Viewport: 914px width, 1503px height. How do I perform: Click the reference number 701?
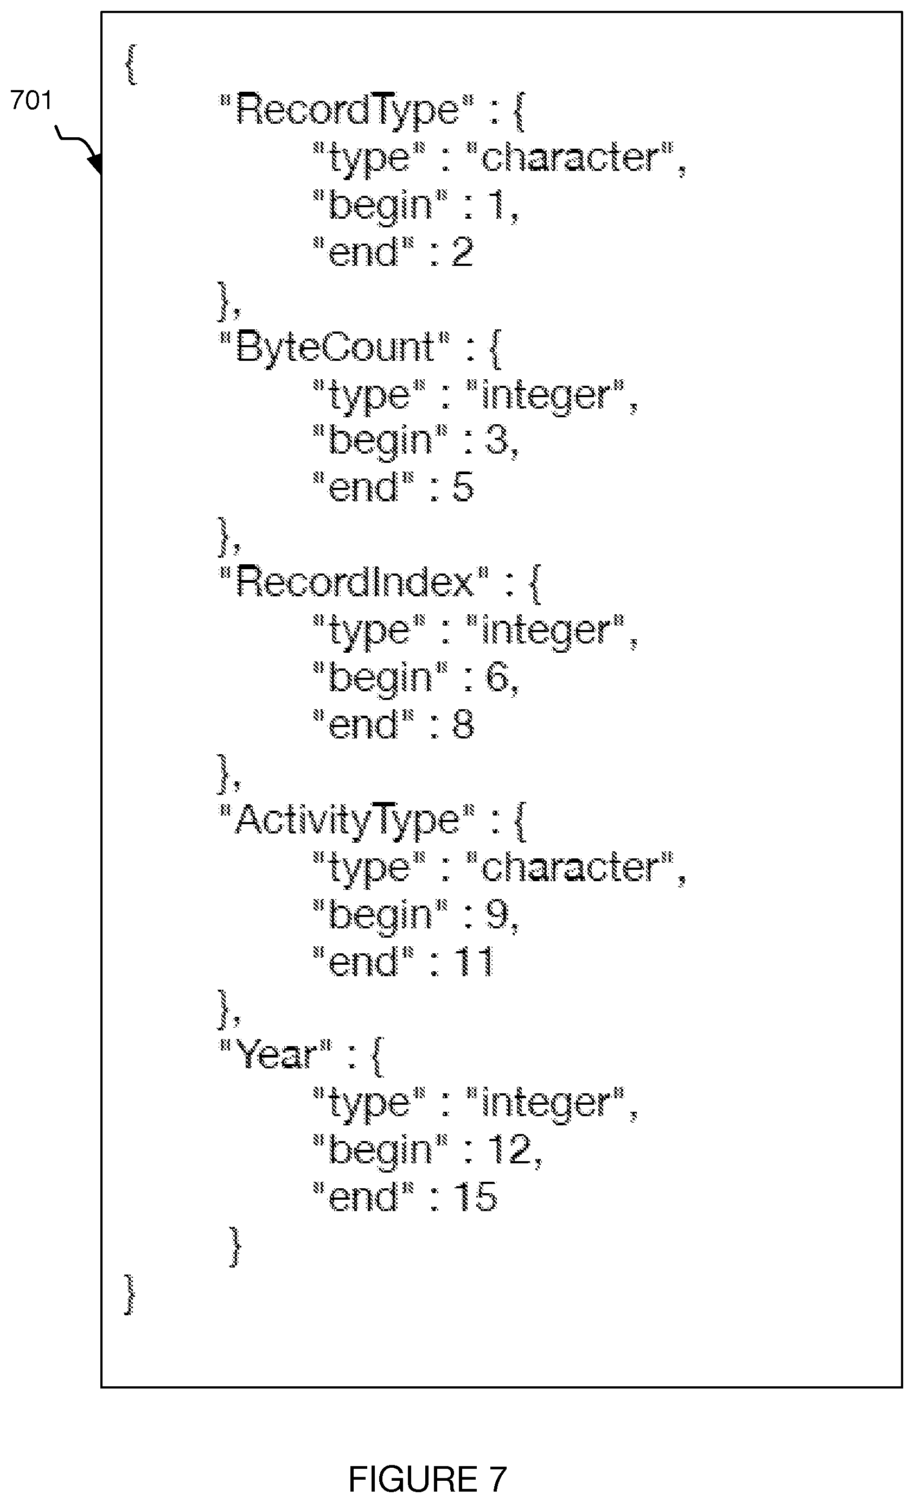coord(31,100)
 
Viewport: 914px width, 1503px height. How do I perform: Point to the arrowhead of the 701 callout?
coord(95,163)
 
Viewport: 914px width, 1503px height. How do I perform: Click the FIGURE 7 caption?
coord(427,1479)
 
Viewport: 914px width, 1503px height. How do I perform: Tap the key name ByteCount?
coord(334,348)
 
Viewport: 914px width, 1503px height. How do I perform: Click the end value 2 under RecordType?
coord(462,252)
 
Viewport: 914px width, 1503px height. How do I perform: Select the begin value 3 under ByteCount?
coord(497,441)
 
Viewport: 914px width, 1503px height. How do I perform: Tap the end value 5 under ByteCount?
coord(463,487)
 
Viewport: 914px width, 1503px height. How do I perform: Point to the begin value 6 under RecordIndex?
coord(497,677)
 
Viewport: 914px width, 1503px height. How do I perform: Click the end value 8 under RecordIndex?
coord(463,725)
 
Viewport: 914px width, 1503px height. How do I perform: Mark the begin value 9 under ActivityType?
coord(497,914)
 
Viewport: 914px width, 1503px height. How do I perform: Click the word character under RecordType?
coord(571,157)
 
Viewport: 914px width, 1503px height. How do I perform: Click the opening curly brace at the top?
coord(131,65)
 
